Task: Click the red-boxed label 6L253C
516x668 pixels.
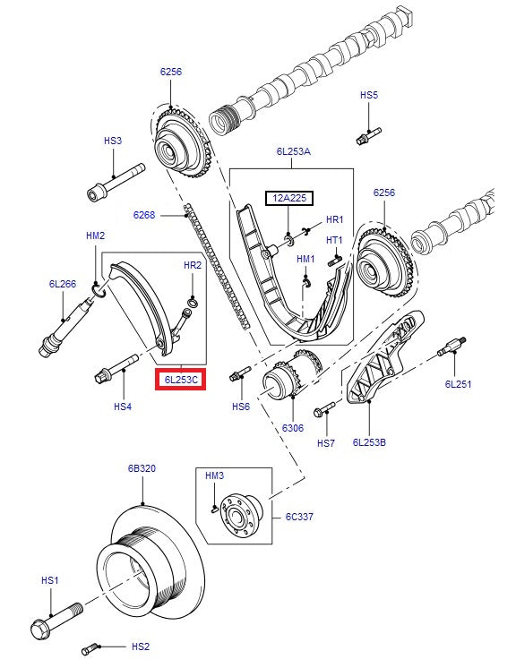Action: (182, 381)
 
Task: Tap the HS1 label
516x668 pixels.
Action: (50, 580)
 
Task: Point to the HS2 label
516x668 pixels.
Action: (141, 647)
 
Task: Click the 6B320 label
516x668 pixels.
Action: (142, 468)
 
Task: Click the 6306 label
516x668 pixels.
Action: (293, 429)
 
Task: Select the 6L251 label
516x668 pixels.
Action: (458, 384)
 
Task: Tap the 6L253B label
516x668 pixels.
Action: (368, 441)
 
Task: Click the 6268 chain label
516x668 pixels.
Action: (144, 215)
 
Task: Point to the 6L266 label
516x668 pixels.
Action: (62, 284)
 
